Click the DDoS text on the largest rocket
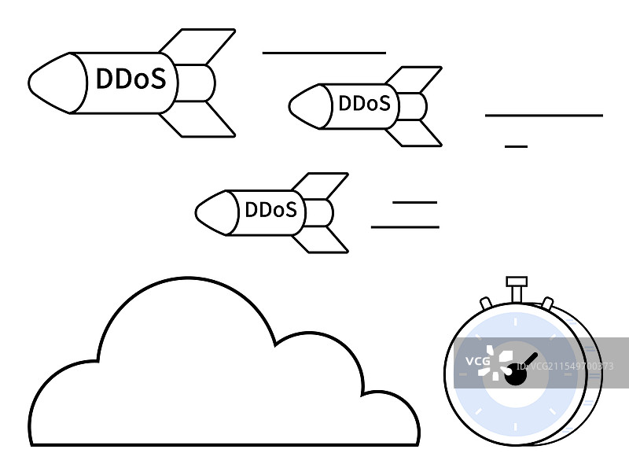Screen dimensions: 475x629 click(131, 79)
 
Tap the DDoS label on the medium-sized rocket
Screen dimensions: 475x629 click(363, 103)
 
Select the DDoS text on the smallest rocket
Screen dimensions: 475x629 click(270, 210)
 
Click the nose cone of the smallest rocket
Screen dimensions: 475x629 click(212, 212)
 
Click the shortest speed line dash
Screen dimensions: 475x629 click(516, 146)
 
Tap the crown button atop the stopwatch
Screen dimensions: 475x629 click(516, 281)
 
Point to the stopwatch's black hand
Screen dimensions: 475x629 click(528, 363)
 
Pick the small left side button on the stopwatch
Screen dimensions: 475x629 click(486, 302)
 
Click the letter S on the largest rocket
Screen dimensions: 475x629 click(158, 79)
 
